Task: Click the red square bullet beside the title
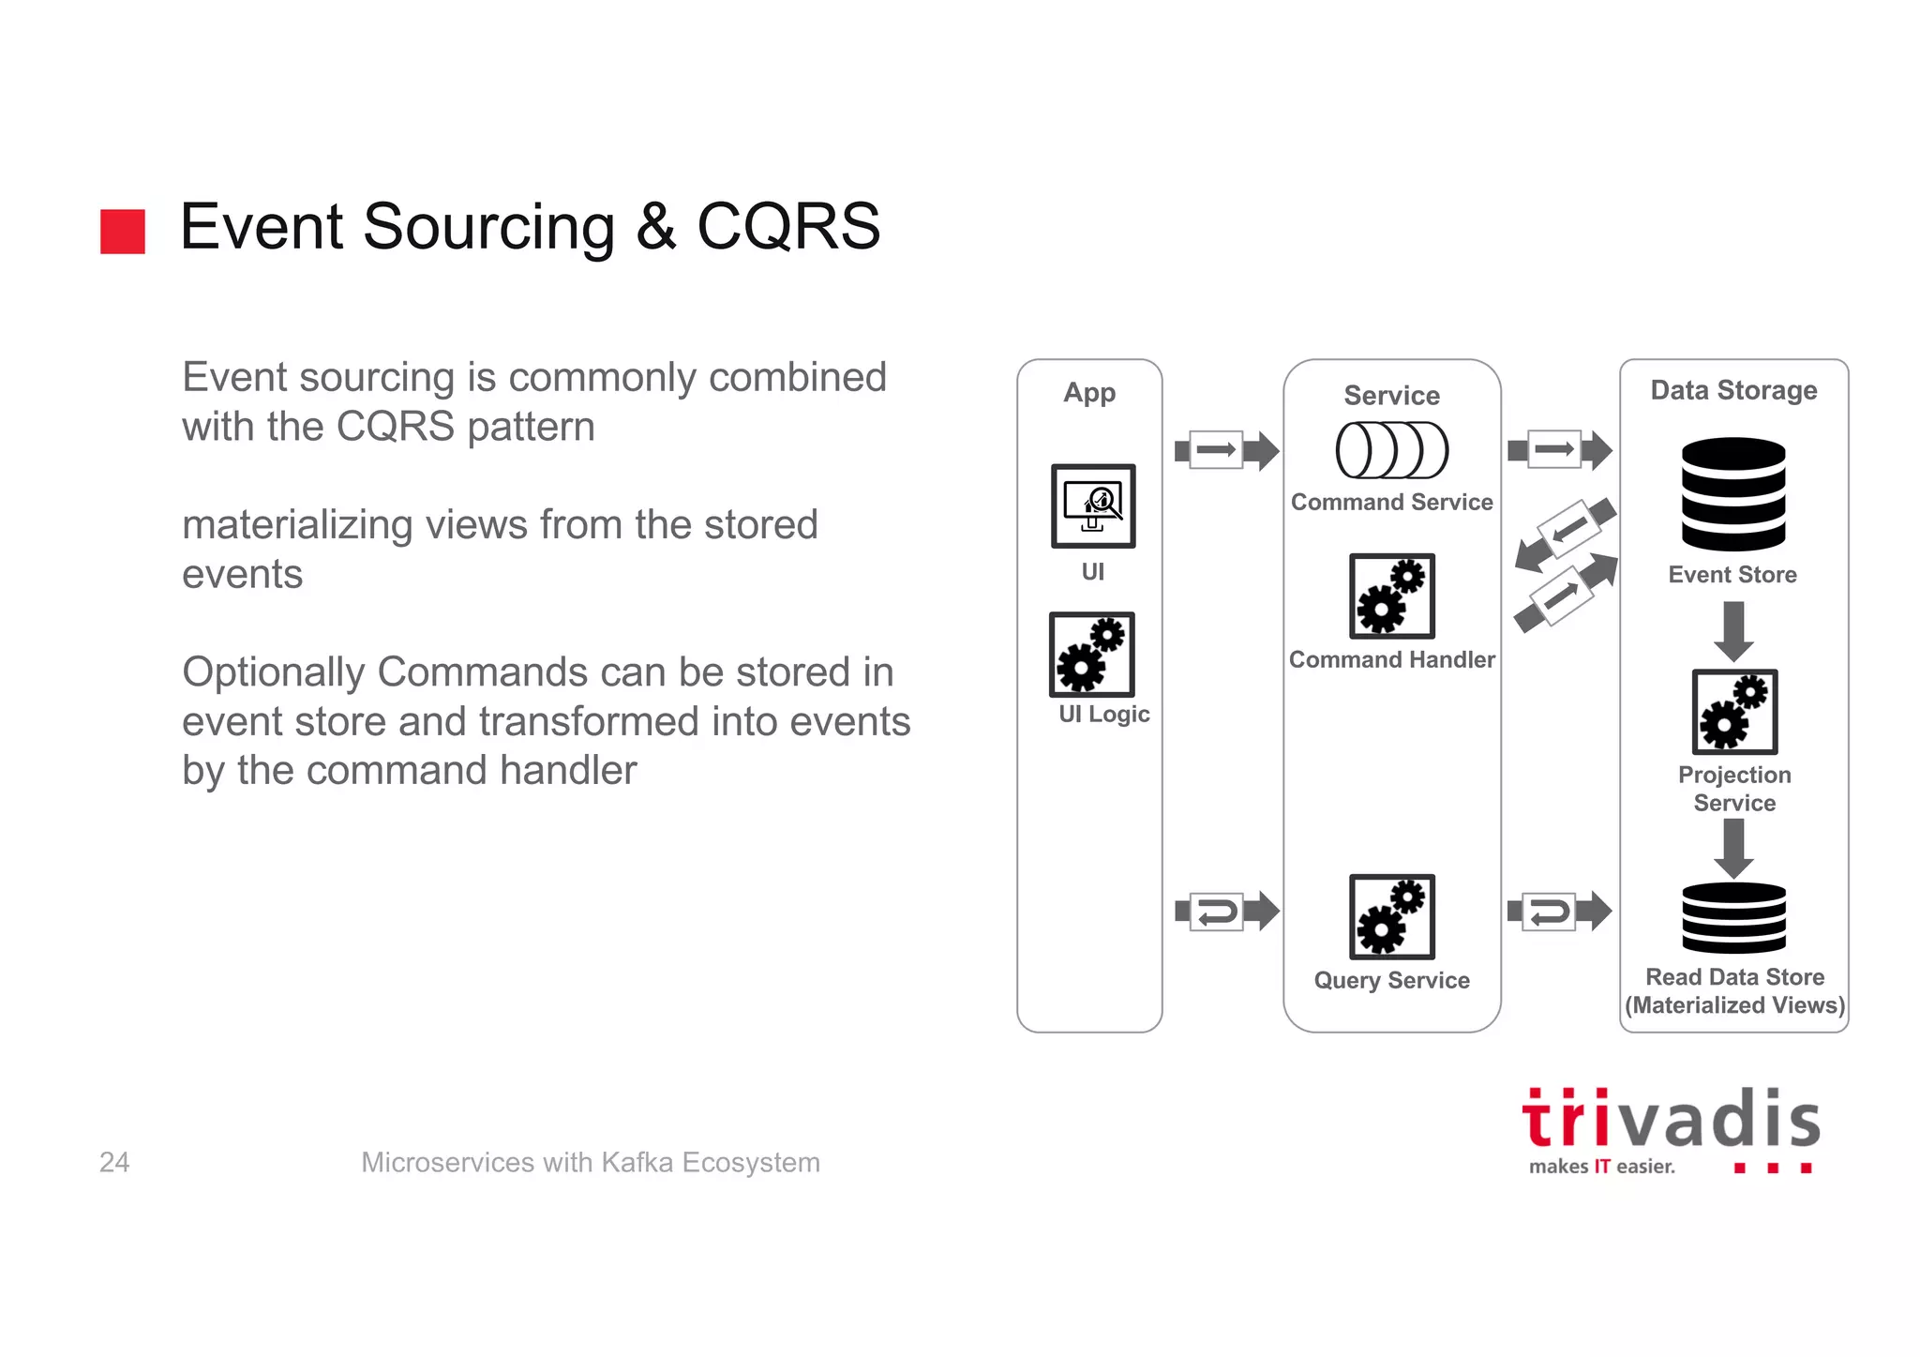click(123, 231)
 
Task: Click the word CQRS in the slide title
click(787, 227)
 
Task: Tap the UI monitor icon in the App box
click(1093, 505)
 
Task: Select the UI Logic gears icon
click(1092, 654)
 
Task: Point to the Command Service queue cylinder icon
click(1392, 450)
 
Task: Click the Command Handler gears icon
click(1392, 596)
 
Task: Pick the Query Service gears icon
click(1392, 916)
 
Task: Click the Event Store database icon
click(1733, 493)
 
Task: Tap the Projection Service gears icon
click(1734, 711)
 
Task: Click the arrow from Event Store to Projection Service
click(1734, 630)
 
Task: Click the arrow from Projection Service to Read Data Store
click(1734, 847)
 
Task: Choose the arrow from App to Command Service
click(1226, 450)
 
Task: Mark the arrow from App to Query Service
click(1226, 912)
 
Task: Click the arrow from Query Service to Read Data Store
click(1559, 911)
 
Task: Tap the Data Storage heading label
click(1733, 390)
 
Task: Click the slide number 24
click(114, 1162)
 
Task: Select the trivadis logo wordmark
click(1671, 1120)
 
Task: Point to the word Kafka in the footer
click(637, 1162)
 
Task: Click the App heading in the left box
click(1089, 392)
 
